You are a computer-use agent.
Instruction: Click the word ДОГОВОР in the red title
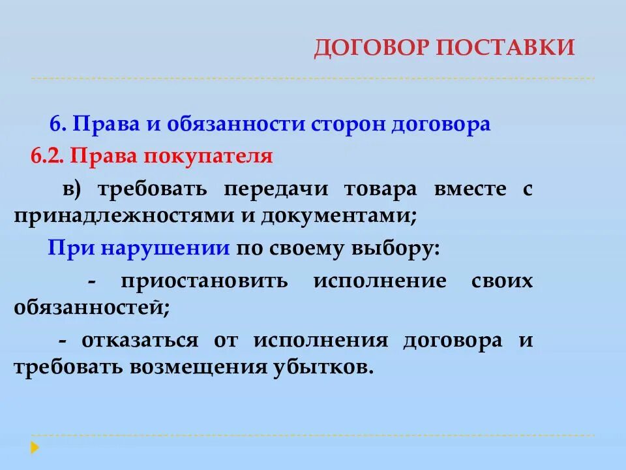(x=366, y=48)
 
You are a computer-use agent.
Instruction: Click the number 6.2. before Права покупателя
(x=48, y=157)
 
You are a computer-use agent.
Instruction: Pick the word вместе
(x=469, y=189)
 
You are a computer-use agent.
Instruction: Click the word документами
(x=338, y=217)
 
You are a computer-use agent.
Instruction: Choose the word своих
(x=501, y=281)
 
